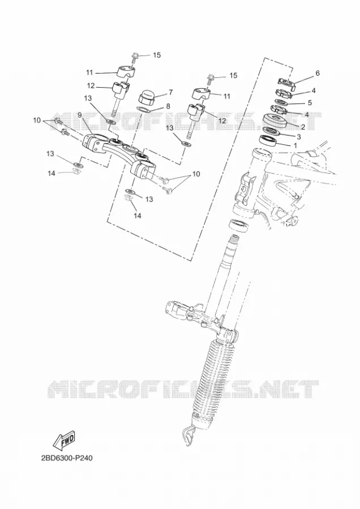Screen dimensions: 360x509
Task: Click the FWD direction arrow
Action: (64, 441)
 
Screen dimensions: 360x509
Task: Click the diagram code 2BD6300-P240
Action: (67, 458)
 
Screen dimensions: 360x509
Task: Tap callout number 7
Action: (170, 93)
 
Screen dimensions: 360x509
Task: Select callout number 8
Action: (168, 106)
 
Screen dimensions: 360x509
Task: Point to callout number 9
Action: (80, 115)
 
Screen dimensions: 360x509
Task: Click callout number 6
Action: (317, 73)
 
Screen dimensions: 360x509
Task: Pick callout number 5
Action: (309, 102)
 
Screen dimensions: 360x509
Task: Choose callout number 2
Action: (303, 127)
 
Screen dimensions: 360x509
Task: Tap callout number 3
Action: (299, 136)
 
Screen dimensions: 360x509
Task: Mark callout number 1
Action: (295, 146)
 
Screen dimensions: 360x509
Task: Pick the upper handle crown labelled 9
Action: (119, 150)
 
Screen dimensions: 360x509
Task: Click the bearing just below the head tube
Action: (239, 225)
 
